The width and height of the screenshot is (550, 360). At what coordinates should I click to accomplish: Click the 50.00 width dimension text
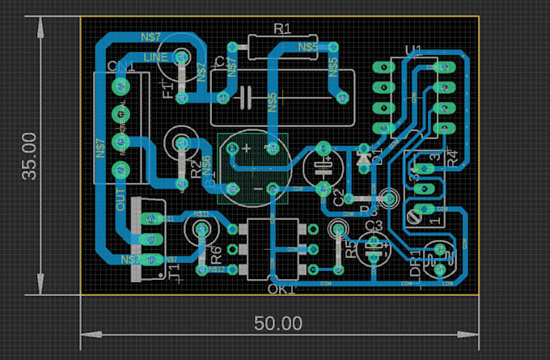[x=278, y=324]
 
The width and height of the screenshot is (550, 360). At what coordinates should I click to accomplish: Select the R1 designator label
[x=281, y=29]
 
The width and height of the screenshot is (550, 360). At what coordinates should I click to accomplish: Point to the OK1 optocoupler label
[x=281, y=289]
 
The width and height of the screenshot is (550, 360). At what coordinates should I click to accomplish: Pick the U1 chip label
[x=412, y=52]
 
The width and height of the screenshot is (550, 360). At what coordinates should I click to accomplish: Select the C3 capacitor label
[x=374, y=225]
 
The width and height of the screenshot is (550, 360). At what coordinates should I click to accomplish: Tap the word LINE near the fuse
[x=155, y=57]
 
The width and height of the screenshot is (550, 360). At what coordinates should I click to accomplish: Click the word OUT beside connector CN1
[x=121, y=200]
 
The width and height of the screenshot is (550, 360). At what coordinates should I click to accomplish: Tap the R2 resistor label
[x=195, y=169]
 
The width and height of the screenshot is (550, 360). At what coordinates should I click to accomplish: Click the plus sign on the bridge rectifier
[x=246, y=148]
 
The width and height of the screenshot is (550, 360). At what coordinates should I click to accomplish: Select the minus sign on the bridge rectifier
[x=257, y=189]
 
